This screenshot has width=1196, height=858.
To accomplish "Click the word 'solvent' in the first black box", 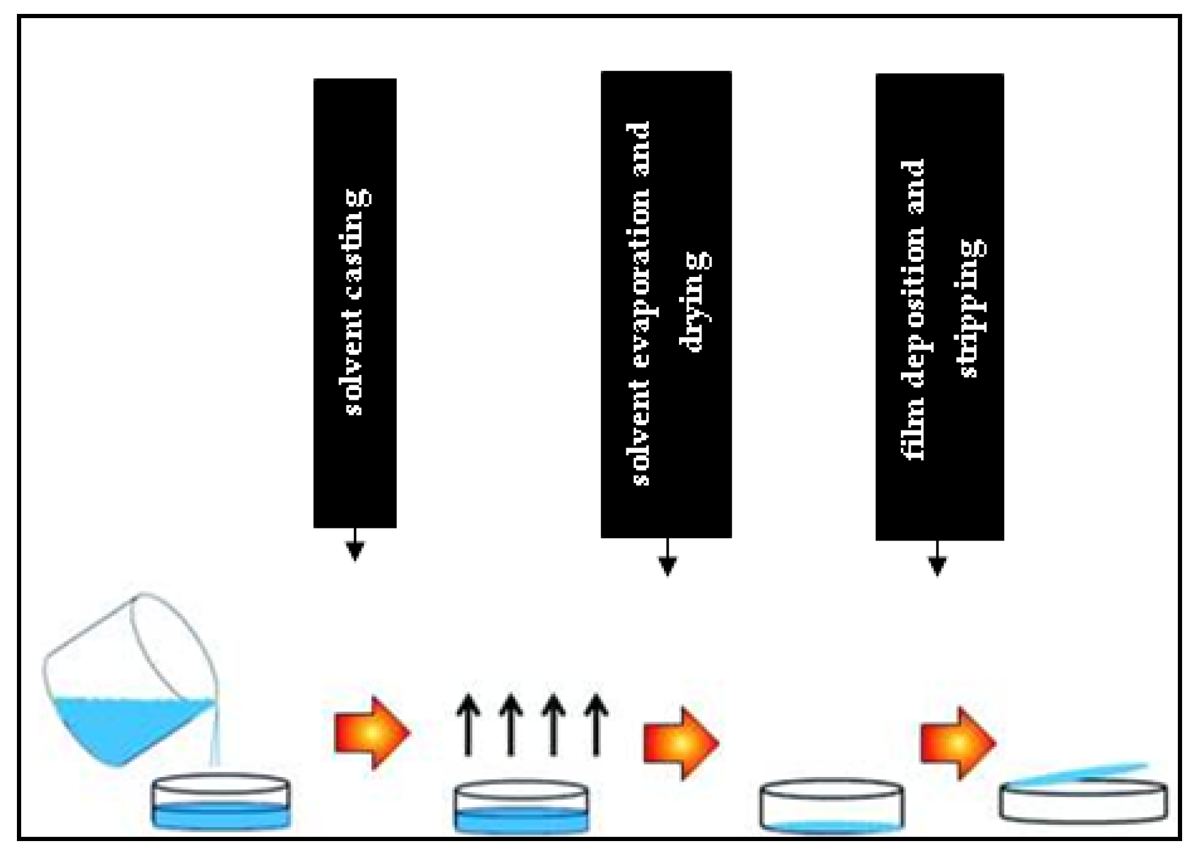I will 355,363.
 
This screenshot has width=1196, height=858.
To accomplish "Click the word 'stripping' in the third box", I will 970,308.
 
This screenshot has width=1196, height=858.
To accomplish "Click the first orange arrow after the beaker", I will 371,733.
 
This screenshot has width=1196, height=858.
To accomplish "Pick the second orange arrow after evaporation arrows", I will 680,743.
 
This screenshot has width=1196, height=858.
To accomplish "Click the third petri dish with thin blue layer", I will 831,807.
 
